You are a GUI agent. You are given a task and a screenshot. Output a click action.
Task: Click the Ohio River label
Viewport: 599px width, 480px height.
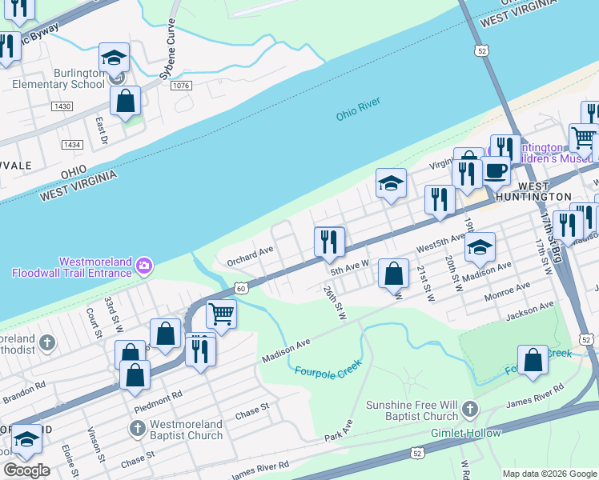(x=357, y=110)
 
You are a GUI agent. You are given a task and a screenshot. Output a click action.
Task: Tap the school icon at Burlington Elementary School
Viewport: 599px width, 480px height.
(x=115, y=58)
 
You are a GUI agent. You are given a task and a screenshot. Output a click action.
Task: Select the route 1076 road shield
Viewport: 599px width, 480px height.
(x=180, y=86)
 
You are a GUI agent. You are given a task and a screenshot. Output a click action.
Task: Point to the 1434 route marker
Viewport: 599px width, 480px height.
(x=72, y=145)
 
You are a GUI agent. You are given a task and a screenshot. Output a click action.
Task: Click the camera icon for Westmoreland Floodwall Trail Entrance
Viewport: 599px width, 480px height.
(x=144, y=265)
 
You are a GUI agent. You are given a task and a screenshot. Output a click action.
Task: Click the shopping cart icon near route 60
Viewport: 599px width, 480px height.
(x=221, y=314)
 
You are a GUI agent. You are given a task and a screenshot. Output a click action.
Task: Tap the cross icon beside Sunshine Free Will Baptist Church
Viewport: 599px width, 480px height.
(x=469, y=410)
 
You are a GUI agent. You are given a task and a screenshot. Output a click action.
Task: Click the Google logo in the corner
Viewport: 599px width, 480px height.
(x=27, y=470)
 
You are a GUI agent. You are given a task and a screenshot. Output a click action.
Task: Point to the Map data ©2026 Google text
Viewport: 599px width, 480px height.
(x=549, y=474)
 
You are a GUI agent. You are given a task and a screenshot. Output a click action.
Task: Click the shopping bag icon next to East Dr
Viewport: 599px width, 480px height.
(x=126, y=102)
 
